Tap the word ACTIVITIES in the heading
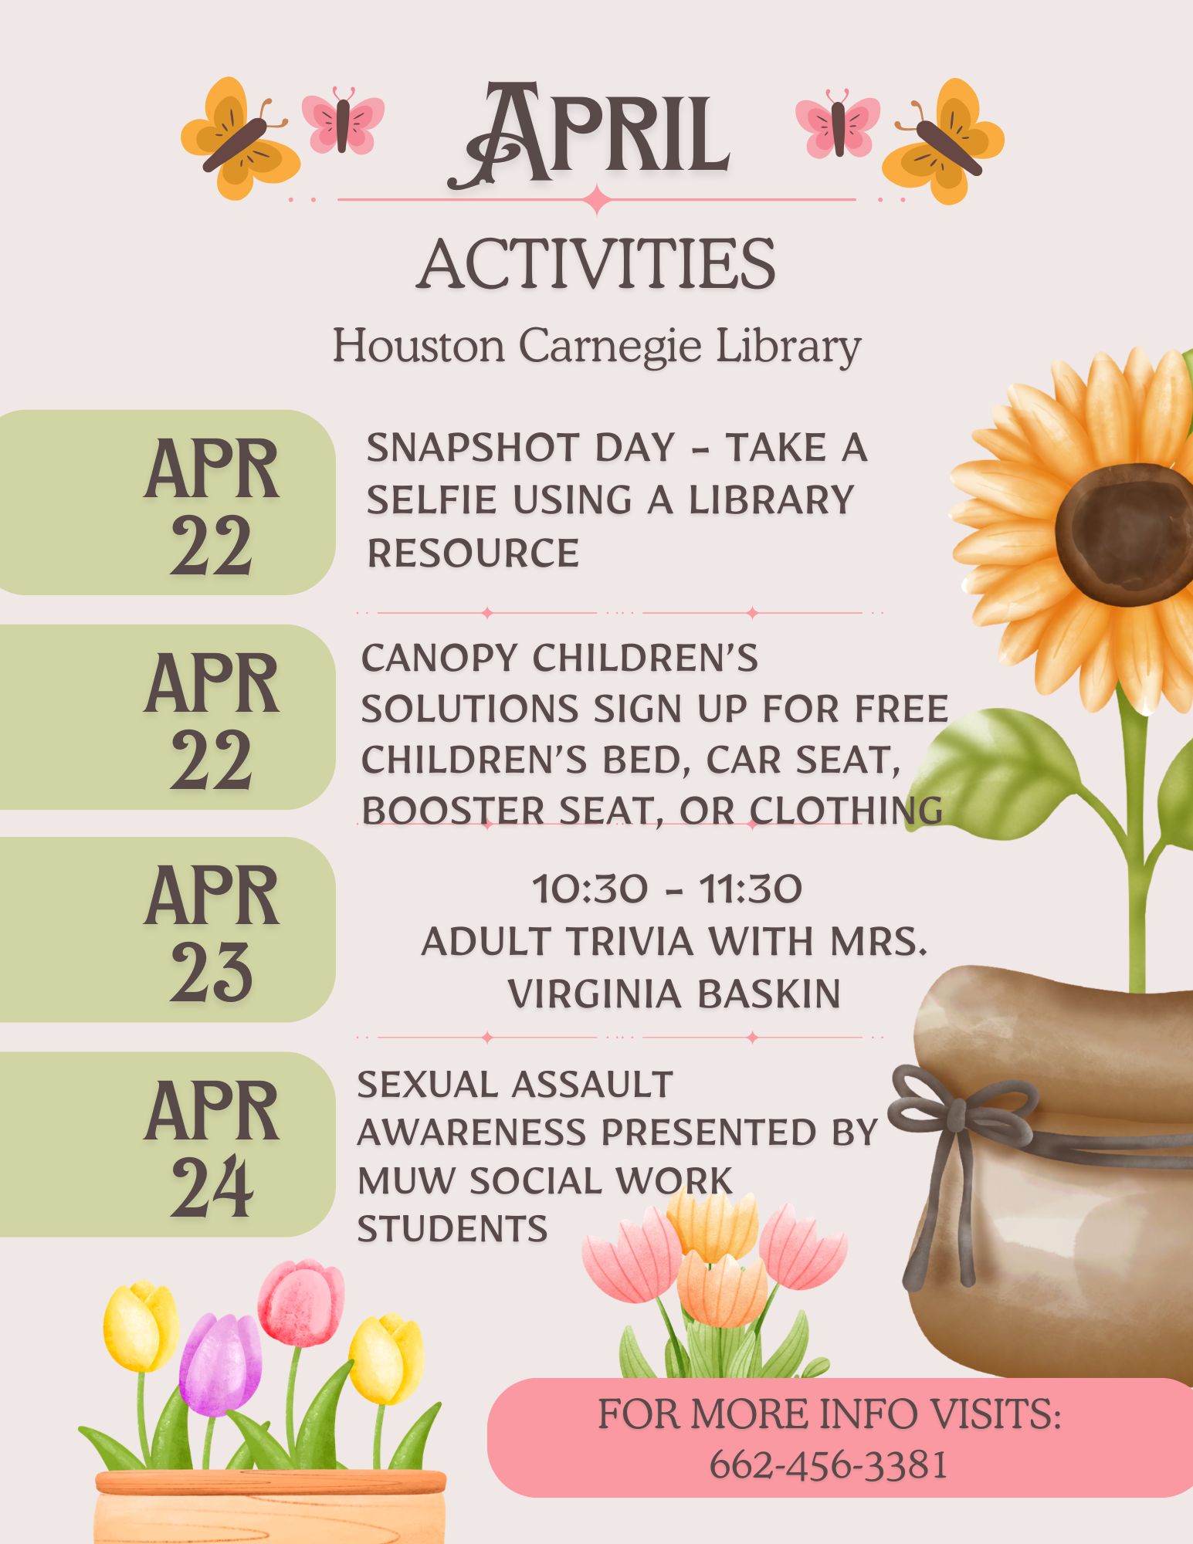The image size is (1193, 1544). pos(596,264)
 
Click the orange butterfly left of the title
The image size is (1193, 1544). pos(240,139)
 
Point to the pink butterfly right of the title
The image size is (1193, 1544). pos(837,124)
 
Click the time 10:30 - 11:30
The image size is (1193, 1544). pos(667,889)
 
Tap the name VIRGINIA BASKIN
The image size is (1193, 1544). pos(674,994)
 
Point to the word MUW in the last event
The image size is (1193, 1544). pos(405,1181)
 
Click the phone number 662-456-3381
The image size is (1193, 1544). pos(829,1464)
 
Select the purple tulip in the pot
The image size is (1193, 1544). pos(221,1365)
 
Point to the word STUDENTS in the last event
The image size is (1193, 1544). pos(452,1229)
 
